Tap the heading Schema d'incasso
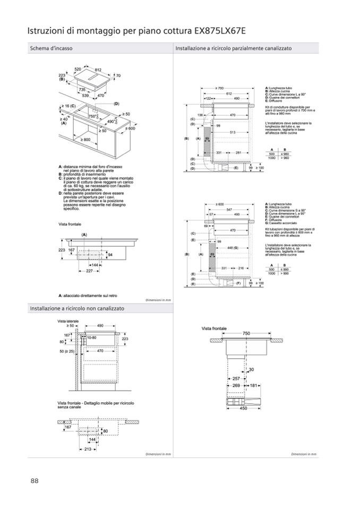click(x=51, y=48)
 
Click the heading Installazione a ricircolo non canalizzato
click(x=77, y=308)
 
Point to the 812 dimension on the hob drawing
click(x=98, y=70)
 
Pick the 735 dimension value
click(x=82, y=90)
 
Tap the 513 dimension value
click(x=232, y=132)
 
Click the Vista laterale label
click(x=69, y=321)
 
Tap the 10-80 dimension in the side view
click(x=92, y=338)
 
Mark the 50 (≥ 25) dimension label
click(x=68, y=351)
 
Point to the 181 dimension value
click(x=254, y=385)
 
